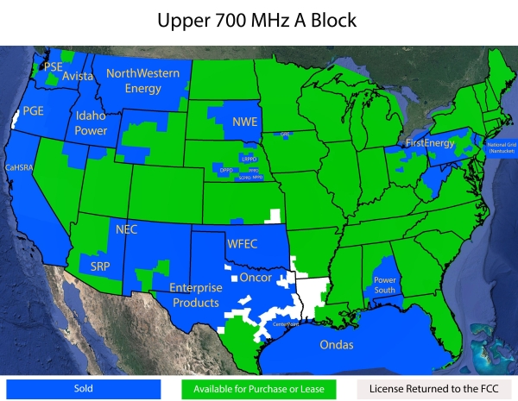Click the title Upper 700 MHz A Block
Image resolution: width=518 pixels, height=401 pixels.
(x=259, y=20)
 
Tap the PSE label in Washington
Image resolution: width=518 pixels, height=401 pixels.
(x=54, y=66)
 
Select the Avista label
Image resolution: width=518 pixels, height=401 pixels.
(x=78, y=76)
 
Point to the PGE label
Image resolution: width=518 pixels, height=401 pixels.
(x=34, y=110)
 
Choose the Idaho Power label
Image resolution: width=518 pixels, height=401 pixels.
(x=92, y=123)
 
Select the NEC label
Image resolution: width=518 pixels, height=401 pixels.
(x=127, y=229)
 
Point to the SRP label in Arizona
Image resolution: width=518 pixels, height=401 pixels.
(x=101, y=266)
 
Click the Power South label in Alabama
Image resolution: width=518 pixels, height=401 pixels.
(x=385, y=285)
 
